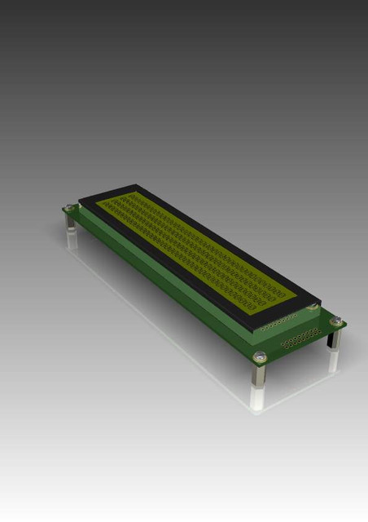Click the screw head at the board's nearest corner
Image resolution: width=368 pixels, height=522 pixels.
pos(260,356)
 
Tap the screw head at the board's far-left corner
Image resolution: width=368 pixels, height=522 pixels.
pos(71,209)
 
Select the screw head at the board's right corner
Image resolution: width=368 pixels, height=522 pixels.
pos(336,322)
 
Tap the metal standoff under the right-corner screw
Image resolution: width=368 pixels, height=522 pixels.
pos(335,338)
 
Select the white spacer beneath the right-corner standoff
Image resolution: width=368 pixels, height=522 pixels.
pos(334,360)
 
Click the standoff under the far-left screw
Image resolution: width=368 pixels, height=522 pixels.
pos(71,221)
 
